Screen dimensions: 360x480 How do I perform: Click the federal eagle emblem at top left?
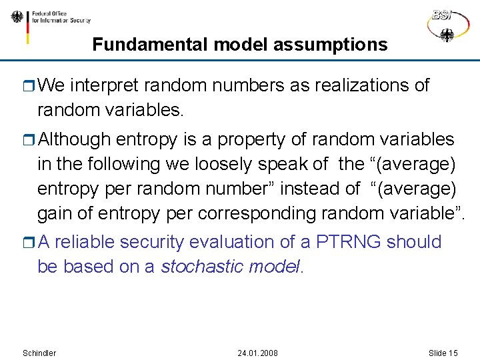click(x=17, y=18)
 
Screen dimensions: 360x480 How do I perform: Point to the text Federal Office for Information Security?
click(x=61, y=17)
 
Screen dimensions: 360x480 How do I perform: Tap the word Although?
click(x=75, y=139)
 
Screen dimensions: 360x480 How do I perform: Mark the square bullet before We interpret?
click(x=29, y=86)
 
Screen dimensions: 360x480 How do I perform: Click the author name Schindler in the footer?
click(x=39, y=353)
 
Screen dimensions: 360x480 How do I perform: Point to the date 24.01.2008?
click(x=257, y=353)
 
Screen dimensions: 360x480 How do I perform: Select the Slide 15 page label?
click(x=443, y=353)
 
